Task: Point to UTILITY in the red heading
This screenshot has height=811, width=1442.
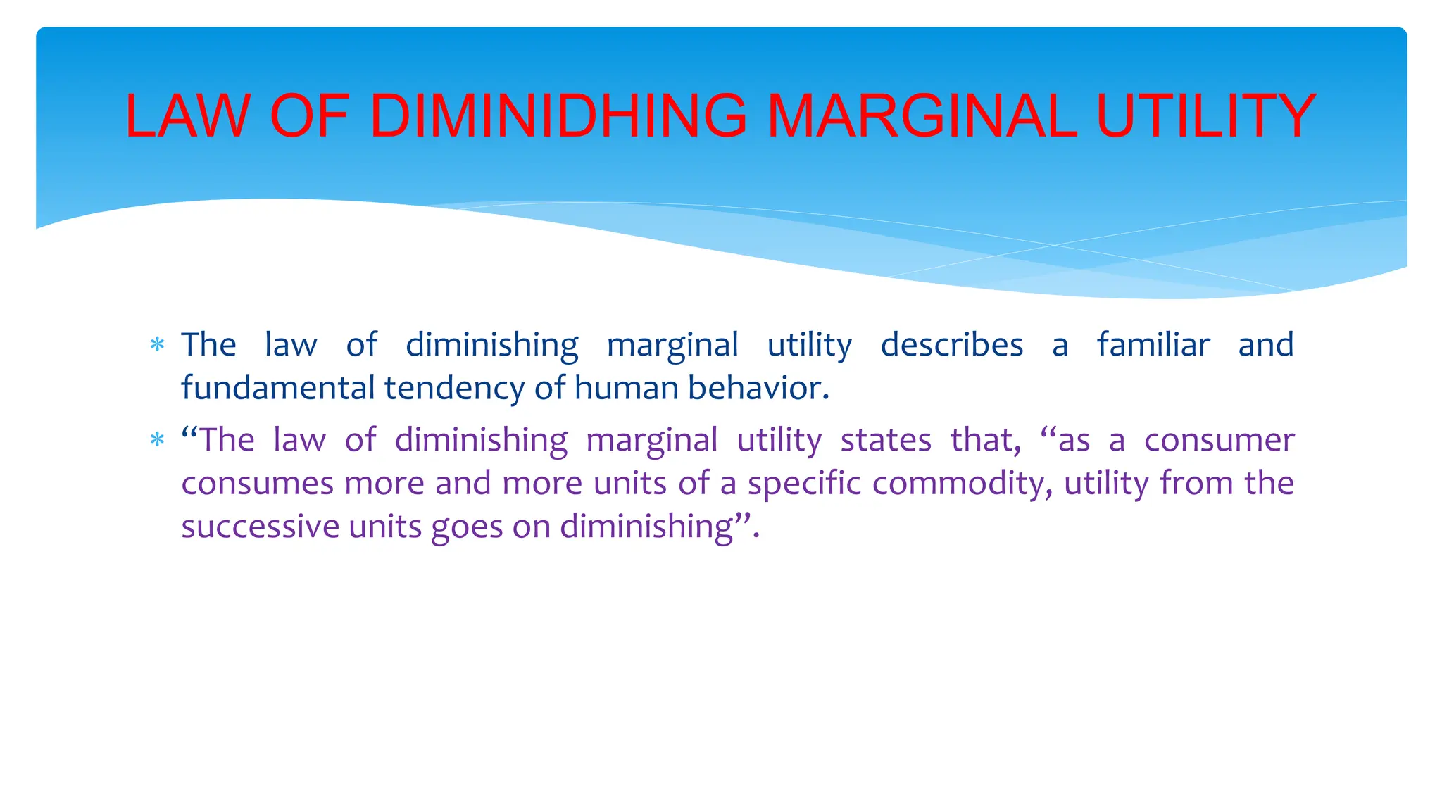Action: (1206, 115)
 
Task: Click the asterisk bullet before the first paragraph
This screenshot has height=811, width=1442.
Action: (157, 346)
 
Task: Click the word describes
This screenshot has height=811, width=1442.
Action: (952, 345)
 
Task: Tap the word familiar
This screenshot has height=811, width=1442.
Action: (1153, 345)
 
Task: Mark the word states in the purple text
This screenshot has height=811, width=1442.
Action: (886, 441)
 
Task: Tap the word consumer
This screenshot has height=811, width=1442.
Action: (1219, 441)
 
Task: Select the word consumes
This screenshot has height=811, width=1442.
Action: (257, 484)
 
